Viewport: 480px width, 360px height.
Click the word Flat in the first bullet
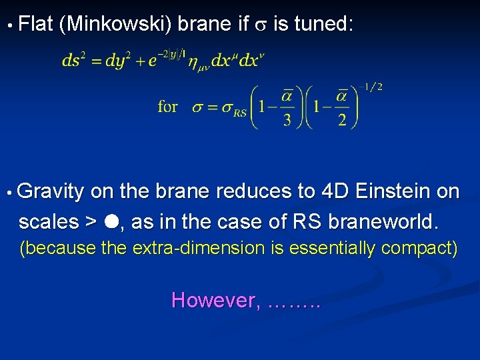pyautogui.click(x=36, y=25)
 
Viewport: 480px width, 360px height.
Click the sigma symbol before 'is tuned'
pyautogui.click(x=261, y=27)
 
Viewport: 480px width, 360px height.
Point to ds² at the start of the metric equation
pyautogui.click(x=75, y=61)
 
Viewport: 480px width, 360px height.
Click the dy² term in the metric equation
pyautogui.click(x=119, y=61)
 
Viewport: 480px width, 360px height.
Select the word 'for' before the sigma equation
pyautogui.click(x=167, y=107)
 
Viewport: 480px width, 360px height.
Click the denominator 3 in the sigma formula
pyautogui.click(x=287, y=119)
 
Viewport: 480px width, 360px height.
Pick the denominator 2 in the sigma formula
pyautogui.click(x=342, y=119)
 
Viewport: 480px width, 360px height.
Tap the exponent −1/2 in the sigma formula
pyautogui.click(x=371, y=87)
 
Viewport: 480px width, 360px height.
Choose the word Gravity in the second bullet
pyautogui.click(x=51, y=192)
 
